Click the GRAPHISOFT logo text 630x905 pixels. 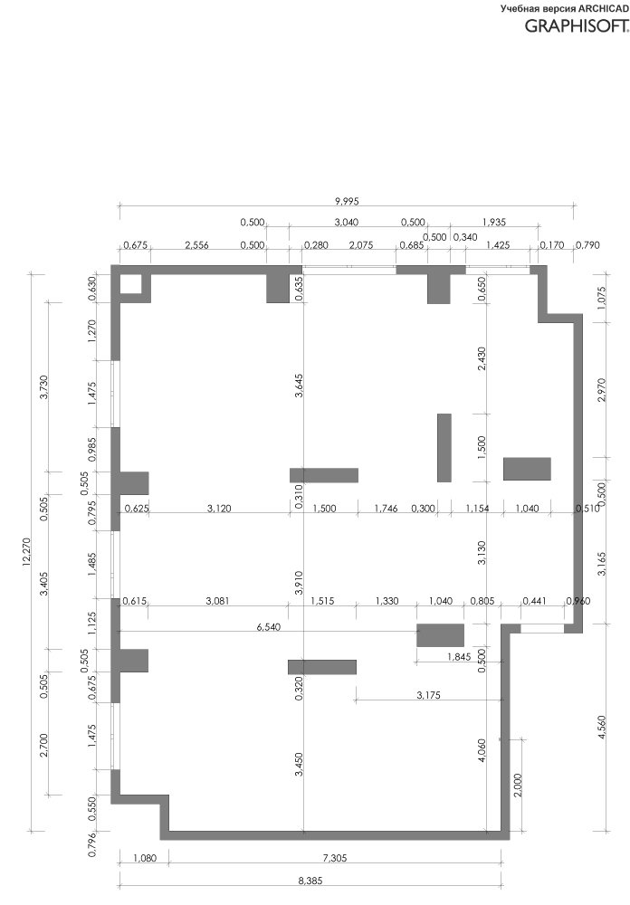click(577, 25)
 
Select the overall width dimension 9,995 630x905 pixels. click(347, 202)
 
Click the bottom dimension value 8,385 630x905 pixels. click(310, 881)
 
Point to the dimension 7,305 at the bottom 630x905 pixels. click(335, 858)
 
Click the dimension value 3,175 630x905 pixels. click(428, 695)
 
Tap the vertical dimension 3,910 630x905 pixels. click(298, 582)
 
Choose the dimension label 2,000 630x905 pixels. click(518, 785)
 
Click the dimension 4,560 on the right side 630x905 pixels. click(602, 728)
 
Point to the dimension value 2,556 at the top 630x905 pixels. click(196, 245)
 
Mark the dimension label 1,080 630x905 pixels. click(144, 858)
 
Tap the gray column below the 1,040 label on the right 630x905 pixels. click(527, 469)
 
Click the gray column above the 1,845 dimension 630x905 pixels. click(441, 635)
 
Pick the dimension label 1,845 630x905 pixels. click(459, 656)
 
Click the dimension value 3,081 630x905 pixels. click(218, 601)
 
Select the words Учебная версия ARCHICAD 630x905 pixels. click(565, 8)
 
